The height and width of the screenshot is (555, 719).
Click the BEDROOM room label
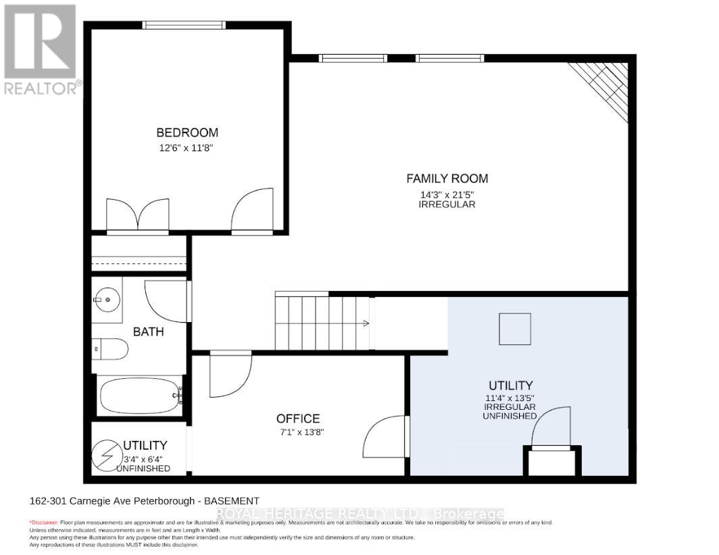[187, 132]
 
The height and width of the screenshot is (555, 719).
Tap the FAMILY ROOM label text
[447, 179]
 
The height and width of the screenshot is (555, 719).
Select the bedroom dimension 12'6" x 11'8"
[187, 147]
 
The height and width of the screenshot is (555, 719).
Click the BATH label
[148, 332]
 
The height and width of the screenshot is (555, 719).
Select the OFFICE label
[298, 419]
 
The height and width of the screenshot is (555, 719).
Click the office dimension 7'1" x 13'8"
[298, 433]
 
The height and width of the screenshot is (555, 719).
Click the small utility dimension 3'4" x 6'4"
[143, 458]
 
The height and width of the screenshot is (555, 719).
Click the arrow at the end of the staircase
[366, 323]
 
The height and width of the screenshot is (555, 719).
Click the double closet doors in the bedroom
[137, 215]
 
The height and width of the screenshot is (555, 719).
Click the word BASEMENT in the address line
[233, 501]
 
